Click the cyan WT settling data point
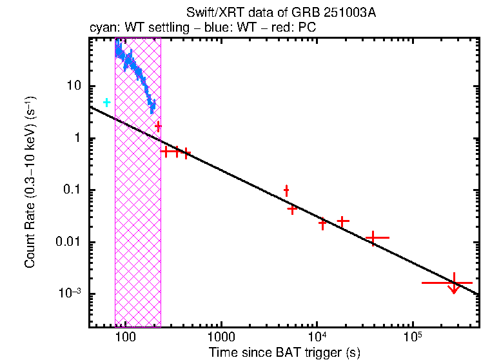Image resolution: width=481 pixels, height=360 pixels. tap(107, 103)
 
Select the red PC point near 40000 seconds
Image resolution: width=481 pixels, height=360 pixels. tap(373, 237)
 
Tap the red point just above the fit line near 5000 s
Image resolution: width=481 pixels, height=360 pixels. tap(286, 190)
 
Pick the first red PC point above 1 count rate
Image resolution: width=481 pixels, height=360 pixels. tap(158, 126)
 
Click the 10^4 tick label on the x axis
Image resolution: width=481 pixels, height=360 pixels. tap(317, 337)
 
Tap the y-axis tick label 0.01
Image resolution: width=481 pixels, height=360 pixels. tap(70, 242)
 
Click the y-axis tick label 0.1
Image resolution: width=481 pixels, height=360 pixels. tap(72, 190)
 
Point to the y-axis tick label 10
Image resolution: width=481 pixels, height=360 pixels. tap(74, 86)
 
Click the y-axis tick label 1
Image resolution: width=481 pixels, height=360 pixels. tap(77, 138)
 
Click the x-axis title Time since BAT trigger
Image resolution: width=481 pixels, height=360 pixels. tap(284, 353)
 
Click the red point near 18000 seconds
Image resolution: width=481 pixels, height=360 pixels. tap(343, 221)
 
